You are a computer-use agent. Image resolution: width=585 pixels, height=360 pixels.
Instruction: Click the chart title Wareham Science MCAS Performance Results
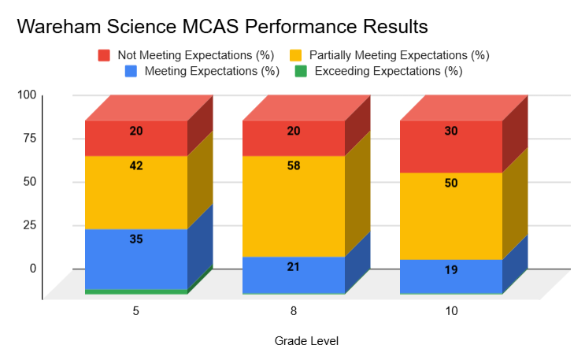pyautogui.click(x=222, y=26)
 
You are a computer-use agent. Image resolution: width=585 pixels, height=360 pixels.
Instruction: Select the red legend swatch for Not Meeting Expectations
pyautogui.click(x=104, y=55)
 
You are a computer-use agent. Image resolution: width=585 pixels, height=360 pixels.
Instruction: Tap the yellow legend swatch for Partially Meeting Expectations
pyautogui.click(x=296, y=55)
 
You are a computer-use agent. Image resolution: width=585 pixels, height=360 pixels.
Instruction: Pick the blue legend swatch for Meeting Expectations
pyautogui.click(x=131, y=71)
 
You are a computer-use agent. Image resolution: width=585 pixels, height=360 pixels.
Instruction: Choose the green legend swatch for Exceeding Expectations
pyautogui.click(x=301, y=71)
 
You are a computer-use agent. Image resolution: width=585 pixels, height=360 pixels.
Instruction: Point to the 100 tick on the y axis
pyautogui.click(x=28, y=95)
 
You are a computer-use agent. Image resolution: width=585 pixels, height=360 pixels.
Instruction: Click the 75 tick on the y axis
pyautogui.click(x=28, y=138)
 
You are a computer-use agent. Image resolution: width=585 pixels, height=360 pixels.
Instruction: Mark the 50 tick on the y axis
pyautogui.click(x=28, y=181)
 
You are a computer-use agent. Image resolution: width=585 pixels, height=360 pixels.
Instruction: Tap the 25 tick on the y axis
pyautogui.click(x=28, y=225)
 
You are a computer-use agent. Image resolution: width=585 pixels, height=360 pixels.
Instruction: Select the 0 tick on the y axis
pyautogui.click(x=33, y=268)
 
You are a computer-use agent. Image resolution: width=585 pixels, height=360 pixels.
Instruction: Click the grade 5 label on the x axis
pyautogui.click(x=136, y=311)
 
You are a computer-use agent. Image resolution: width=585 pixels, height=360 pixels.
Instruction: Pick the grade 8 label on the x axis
pyautogui.click(x=294, y=311)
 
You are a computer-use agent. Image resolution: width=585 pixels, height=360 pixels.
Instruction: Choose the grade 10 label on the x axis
pyautogui.click(x=451, y=311)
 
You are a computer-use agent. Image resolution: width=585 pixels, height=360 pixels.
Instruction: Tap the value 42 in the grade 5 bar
pyautogui.click(x=136, y=166)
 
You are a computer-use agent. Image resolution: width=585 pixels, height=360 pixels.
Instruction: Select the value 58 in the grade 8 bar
pyautogui.click(x=294, y=166)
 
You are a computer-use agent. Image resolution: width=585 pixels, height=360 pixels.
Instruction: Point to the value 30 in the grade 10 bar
pyautogui.click(x=451, y=132)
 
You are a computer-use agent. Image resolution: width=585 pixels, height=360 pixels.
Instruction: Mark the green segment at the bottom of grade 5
pyautogui.click(x=136, y=291)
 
